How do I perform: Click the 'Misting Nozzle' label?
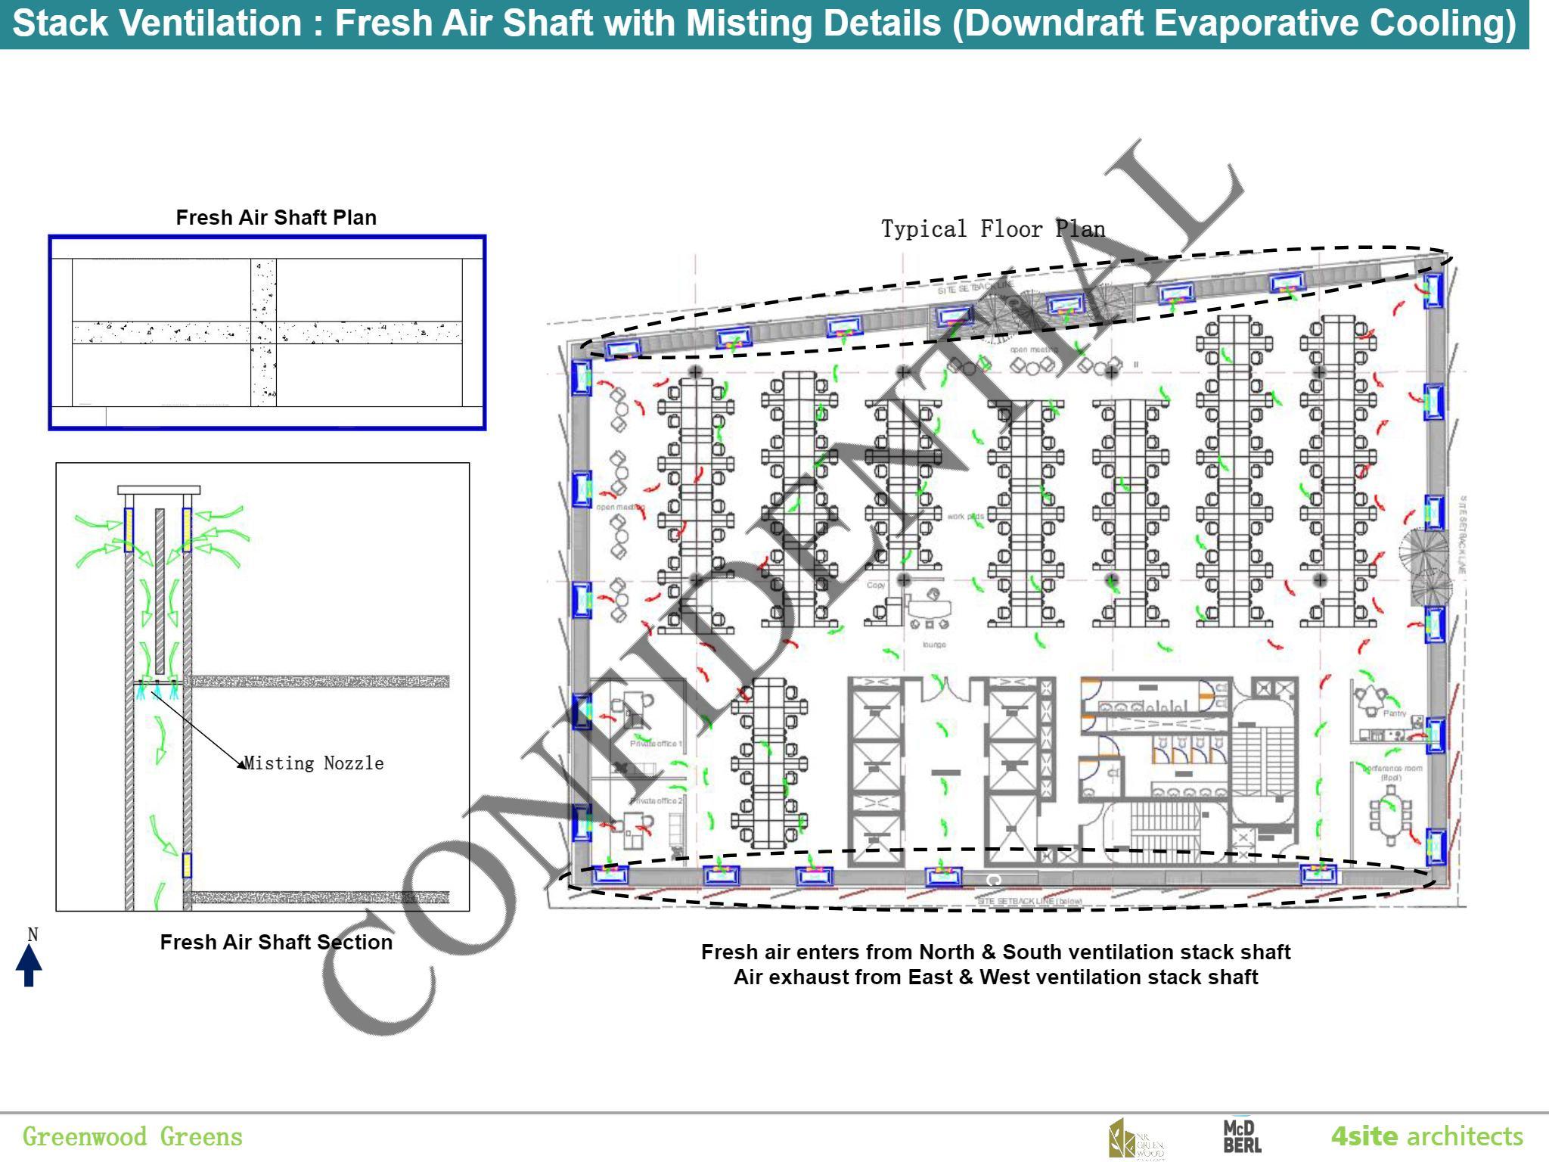coord(314,763)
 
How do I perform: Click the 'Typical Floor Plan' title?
coord(992,228)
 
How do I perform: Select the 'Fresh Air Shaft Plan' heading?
coord(276,218)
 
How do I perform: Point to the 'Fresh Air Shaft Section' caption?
coord(276,942)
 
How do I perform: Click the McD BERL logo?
coord(1242,1137)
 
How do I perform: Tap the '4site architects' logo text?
coord(1426,1136)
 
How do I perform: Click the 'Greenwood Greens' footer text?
coord(132,1136)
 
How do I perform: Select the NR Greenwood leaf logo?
coord(1135,1139)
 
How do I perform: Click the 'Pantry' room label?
coord(1394,713)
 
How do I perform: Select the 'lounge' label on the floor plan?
coord(934,645)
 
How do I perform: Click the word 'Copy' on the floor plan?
coord(876,585)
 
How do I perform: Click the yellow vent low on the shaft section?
coord(187,865)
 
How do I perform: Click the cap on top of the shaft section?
coord(159,490)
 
